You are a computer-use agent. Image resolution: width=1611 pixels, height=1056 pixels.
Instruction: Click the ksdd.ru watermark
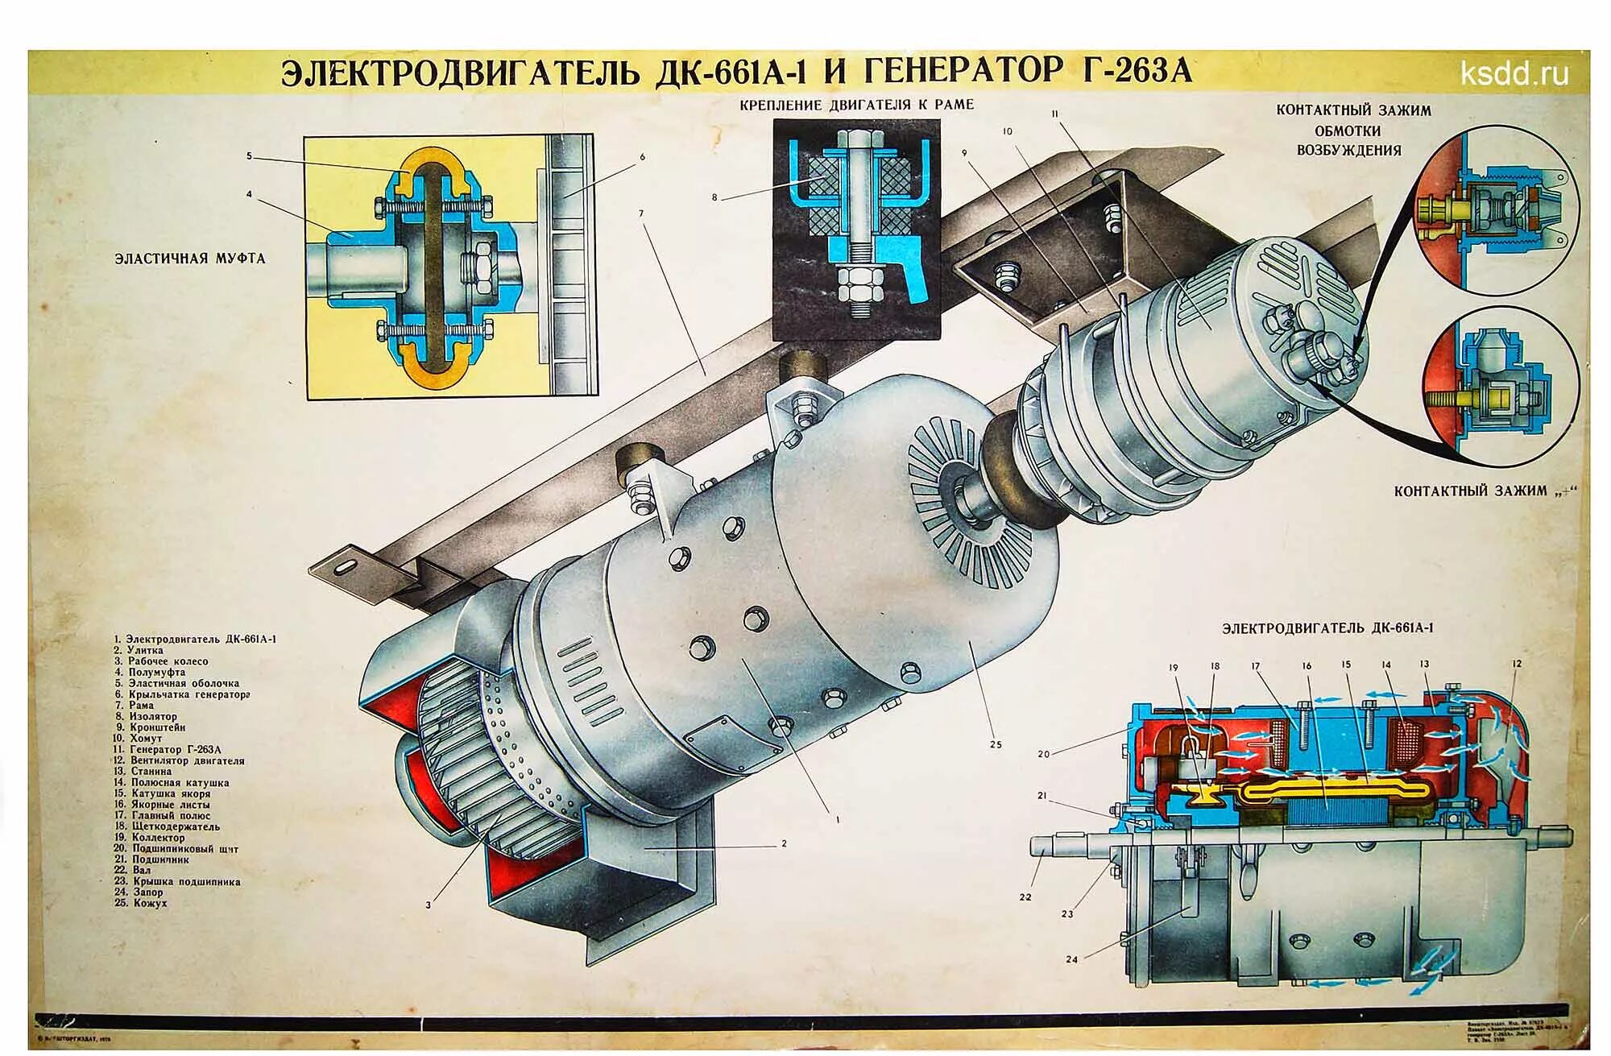(1514, 74)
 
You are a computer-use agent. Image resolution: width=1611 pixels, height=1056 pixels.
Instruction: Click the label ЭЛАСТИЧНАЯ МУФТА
(189, 259)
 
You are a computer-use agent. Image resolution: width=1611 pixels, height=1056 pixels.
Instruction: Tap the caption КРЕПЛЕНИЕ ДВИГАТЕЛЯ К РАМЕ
(857, 105)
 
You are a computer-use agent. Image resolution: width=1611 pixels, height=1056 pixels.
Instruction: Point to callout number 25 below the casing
(996, 744)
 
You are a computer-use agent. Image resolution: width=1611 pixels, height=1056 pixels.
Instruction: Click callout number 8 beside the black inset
(714, 197)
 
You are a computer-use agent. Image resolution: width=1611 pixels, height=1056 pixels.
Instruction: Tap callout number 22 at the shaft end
(1025, 897)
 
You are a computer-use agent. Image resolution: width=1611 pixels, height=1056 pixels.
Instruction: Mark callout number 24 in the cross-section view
(1071, 959)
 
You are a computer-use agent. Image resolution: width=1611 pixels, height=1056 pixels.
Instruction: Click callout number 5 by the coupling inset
(250, 156)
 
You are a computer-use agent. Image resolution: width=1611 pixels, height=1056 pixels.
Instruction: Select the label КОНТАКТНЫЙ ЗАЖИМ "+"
(1482, 491)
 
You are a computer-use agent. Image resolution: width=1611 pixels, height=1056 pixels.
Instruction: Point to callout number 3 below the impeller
(428, 905)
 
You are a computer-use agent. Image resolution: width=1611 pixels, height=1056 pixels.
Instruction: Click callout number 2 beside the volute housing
(783, 844)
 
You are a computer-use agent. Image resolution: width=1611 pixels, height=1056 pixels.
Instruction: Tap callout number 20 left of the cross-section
(1044, 755)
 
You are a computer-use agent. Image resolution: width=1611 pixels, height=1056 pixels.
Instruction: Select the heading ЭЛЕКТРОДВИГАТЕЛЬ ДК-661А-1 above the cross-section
(1327, 628)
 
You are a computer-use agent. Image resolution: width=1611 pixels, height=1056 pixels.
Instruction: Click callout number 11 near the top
(1054, 114)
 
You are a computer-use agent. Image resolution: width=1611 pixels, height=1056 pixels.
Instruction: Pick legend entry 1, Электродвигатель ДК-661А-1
(196, 639)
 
